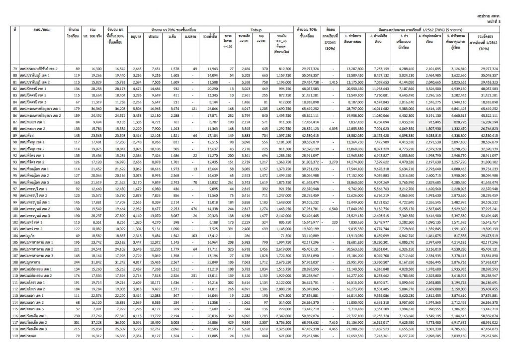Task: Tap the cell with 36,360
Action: [x=89, y=107]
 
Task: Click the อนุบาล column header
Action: [x=135, y=36]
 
